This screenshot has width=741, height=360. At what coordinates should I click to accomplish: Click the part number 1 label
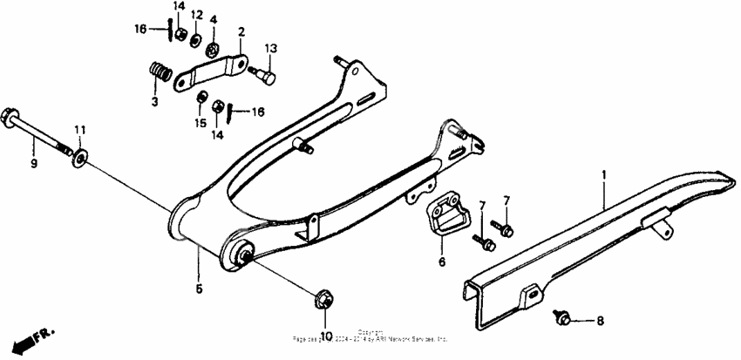coord(602,175)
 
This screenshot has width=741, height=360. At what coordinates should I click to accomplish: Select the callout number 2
coord(241,32)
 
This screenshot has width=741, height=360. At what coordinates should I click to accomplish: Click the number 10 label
coord(326,336)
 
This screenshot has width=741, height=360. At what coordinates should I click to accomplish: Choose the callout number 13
coord(270,47)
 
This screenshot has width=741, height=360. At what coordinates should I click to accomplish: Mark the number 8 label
coord(599,321)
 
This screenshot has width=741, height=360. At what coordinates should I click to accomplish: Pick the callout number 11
coord(79,131)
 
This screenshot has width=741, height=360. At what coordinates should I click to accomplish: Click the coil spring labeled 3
coord(158,71)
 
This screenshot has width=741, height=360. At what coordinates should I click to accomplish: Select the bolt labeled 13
coord(264,77)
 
